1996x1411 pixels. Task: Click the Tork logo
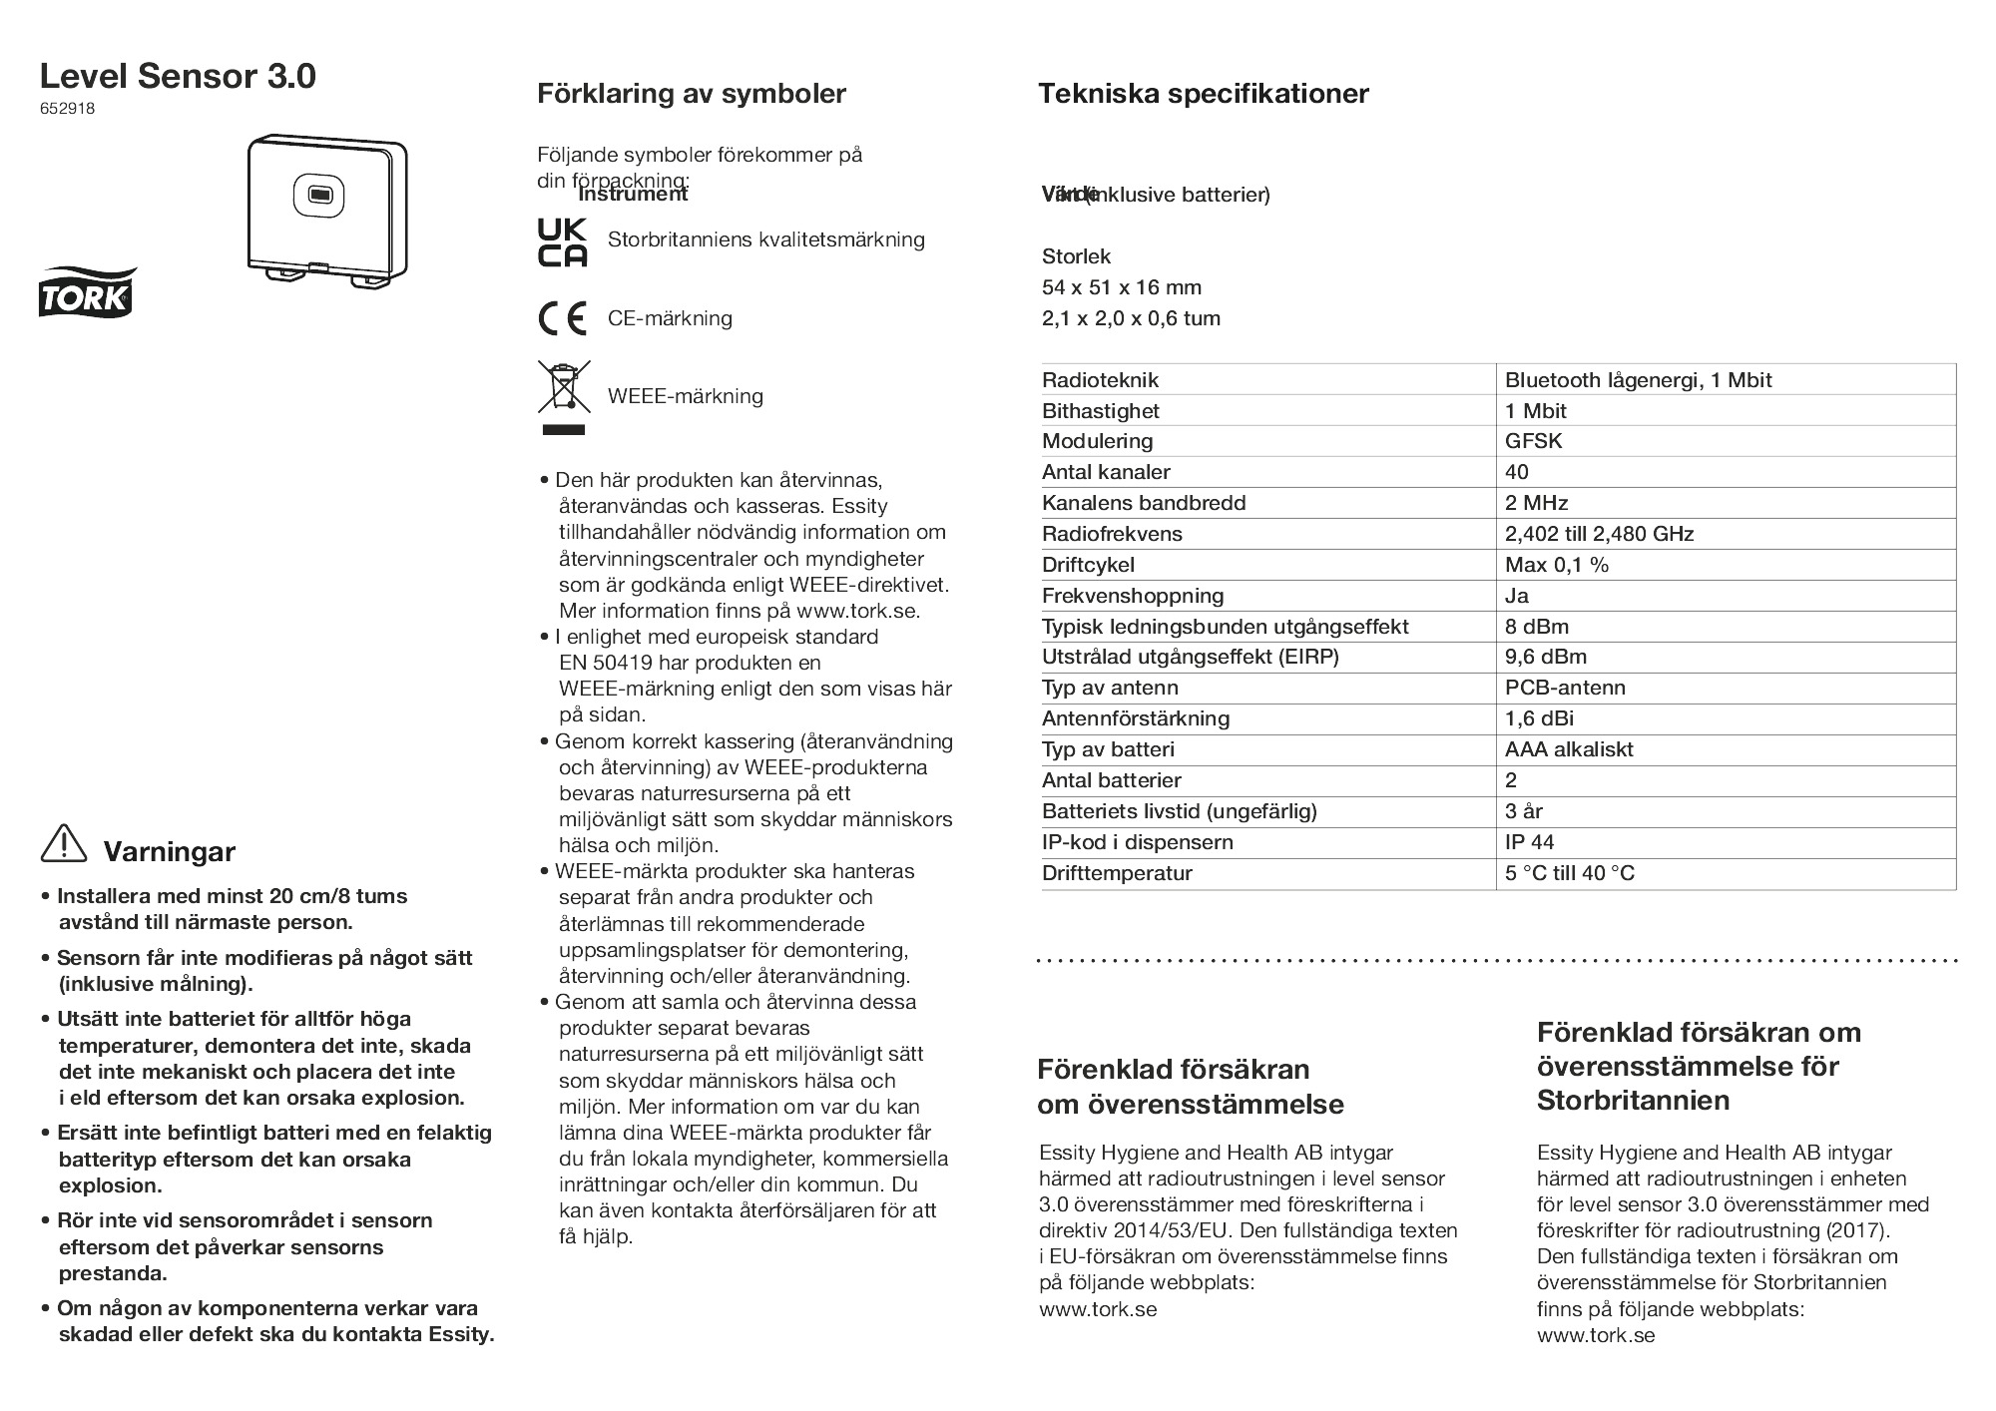(87, 291)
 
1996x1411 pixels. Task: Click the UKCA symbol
(562, 242)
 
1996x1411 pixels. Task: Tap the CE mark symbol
(562, 318)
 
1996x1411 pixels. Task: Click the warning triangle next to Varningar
(64, 844)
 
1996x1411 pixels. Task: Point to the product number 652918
(67, 110)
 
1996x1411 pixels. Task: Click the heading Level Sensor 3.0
(178, 76)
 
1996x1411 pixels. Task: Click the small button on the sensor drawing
(319, 195)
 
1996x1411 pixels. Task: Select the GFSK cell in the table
(1533, 441)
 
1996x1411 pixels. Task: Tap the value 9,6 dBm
(1545, 657)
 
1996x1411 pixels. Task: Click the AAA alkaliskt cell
(1569, 749)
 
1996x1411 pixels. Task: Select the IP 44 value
(1529, 842)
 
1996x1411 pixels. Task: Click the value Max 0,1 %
(1556, 565)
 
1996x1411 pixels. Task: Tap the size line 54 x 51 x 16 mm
(1121, 287)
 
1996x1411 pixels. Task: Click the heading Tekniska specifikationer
(1203, 94)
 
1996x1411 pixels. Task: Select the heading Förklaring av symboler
(691, 94)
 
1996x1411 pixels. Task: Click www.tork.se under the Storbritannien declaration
(1595, 1335)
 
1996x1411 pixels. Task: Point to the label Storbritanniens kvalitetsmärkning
(765, 239)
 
